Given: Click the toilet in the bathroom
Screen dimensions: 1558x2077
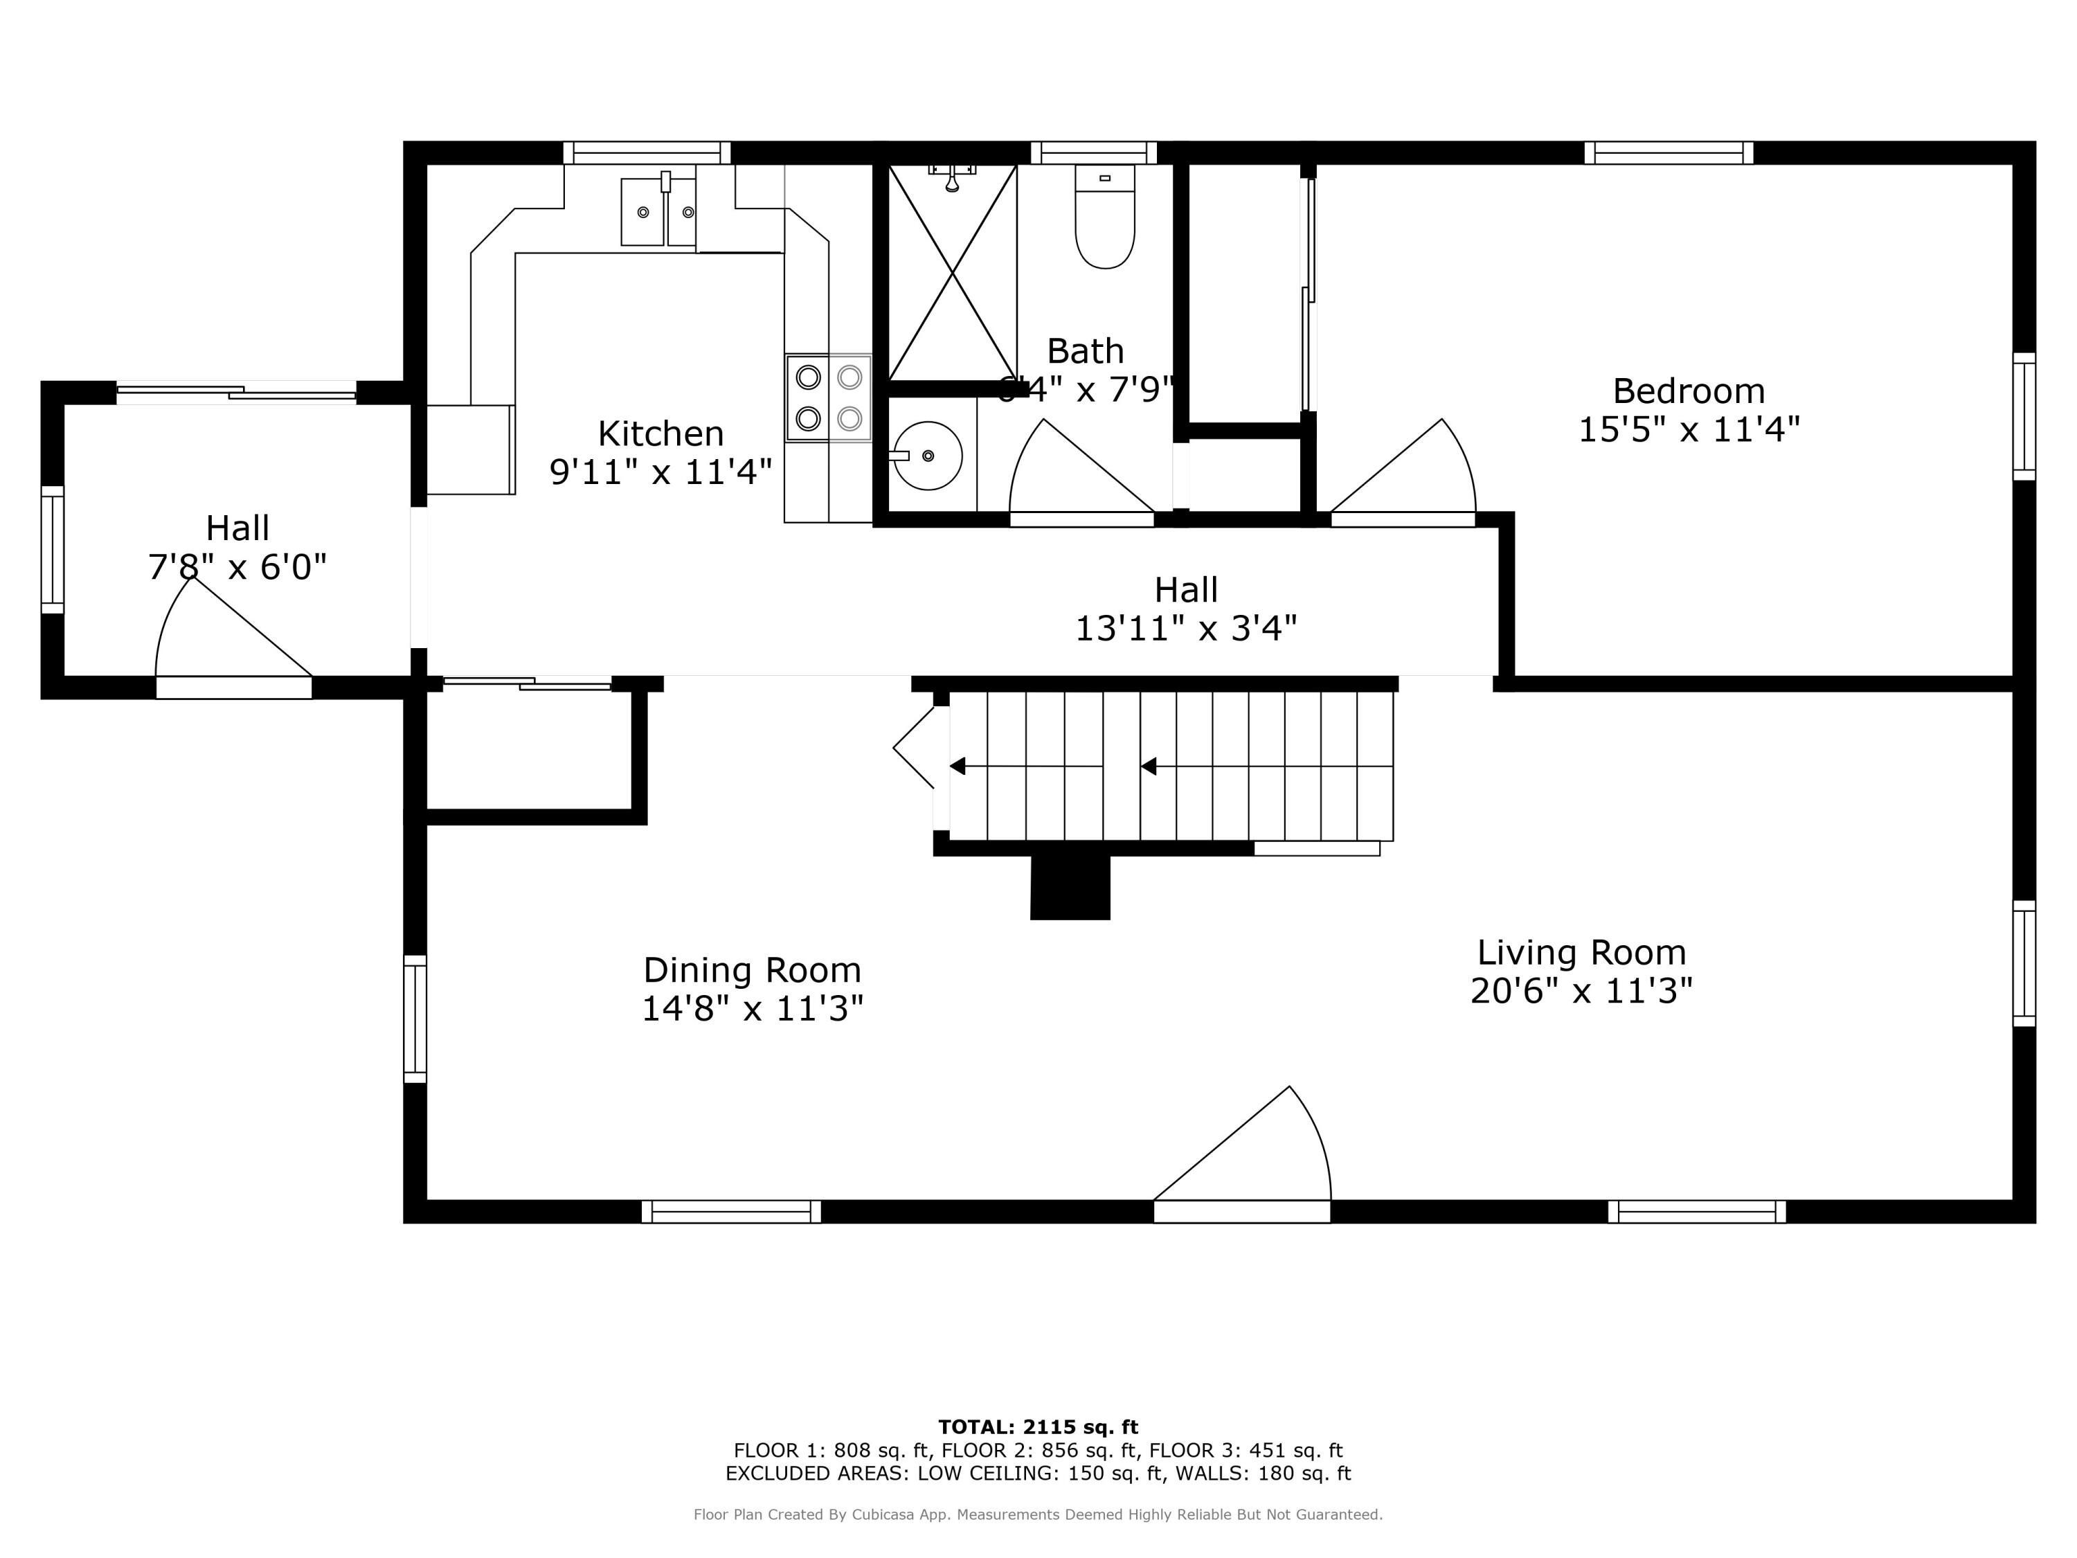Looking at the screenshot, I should [1104, 221].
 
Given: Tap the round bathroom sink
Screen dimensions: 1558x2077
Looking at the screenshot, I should [927, 456].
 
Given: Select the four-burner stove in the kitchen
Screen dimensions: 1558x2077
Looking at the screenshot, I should [828, 397].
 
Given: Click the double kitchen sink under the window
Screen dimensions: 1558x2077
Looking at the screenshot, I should [658, 213].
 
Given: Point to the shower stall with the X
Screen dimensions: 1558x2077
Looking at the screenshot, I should [952, 272].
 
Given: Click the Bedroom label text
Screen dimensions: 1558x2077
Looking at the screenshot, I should [1689, 391].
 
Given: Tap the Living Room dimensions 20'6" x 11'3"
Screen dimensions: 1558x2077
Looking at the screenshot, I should [1581, 991].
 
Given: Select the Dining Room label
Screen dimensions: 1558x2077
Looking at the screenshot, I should [751, 969].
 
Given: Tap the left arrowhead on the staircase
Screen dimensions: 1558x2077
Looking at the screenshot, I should [957, 767].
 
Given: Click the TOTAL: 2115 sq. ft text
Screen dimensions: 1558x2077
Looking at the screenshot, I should [1038, 1427].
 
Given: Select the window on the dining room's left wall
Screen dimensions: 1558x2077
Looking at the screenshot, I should [415, 1019].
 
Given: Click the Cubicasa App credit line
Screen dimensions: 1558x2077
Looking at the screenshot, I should [1038, 1514].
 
